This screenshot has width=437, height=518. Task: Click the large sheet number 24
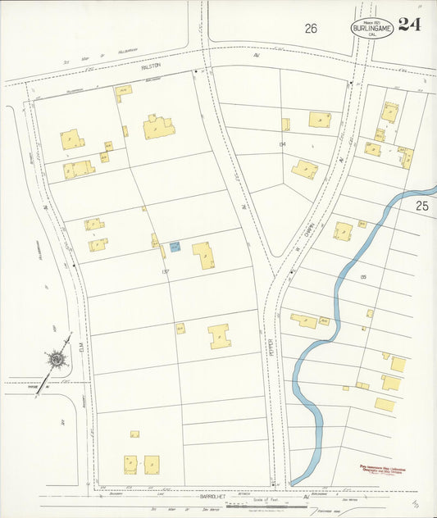click(x=410, y=24)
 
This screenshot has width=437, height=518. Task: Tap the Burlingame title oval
click(x=372, y=29)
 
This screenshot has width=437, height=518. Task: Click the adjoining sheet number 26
click(x=311, y=29)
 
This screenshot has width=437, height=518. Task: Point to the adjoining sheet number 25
click(x=421, y=206)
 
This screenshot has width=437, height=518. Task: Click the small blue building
click(x=175, y=246)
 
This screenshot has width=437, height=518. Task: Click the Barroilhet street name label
click(x=216, y=497)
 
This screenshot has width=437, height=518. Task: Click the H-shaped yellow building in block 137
click(x=219, y=336)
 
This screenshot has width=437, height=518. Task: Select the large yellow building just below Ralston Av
click(x=158, y=127)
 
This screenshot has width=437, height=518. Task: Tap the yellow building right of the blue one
click(x=203, y=255)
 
